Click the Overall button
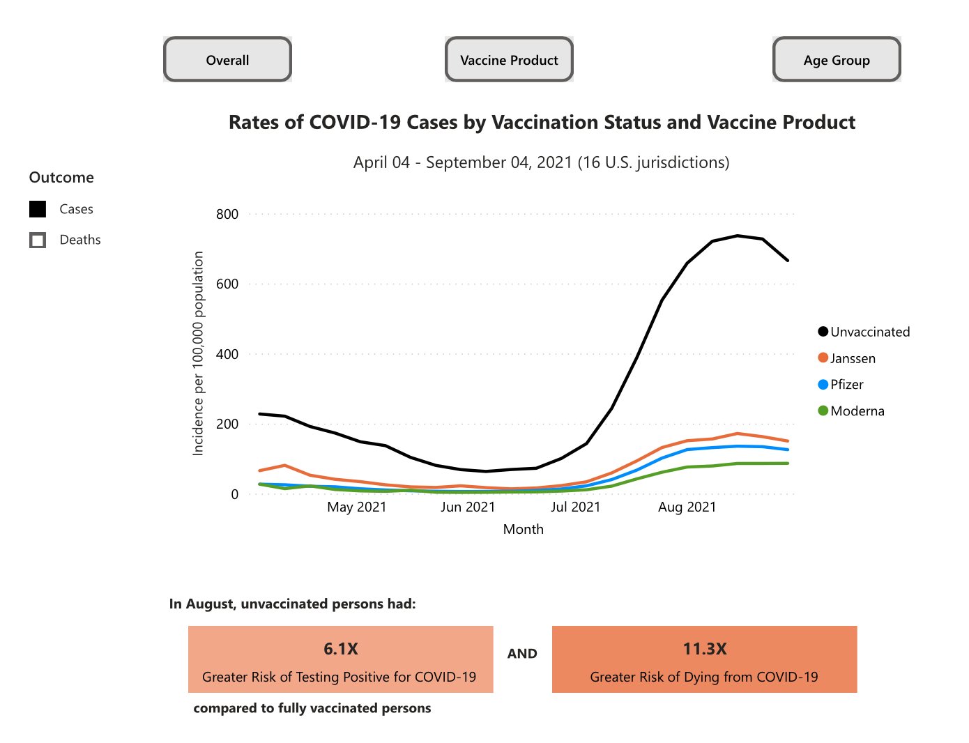[227, 60]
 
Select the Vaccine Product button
[509, 60]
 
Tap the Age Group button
[837, 60]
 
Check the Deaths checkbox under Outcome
[38, 240]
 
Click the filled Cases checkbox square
[38, 209]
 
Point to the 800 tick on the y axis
[227, 214]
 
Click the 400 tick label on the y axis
[227, 354]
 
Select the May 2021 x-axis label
[356, 507]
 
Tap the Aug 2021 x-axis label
[687, 507]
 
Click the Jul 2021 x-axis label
[575, 507]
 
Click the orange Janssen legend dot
[823, 358]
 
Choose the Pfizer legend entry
[846, 384]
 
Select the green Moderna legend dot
[823, 411]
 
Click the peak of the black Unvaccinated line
[738, 236]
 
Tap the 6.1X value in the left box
[340, 649]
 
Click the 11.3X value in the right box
[704, 649]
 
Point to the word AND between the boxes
[522, 654]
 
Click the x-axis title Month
[523, 529]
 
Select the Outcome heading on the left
[61, 177]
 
